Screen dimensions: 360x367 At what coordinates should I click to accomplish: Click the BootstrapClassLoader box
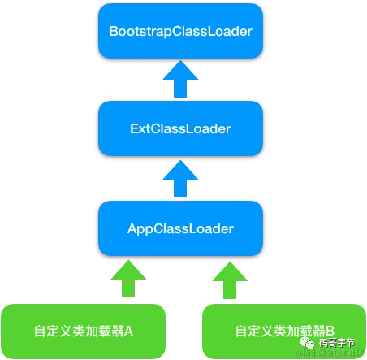(180, 32)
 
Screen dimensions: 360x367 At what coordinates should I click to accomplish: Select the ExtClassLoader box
(180, 128)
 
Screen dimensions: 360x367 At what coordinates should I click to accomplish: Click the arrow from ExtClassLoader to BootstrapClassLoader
(180, 80)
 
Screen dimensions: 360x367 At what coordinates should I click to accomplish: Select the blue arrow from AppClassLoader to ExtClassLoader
(180, 176)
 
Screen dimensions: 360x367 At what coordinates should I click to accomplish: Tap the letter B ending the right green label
(330, 332)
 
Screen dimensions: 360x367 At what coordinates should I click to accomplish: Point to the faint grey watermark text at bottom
(329, 354)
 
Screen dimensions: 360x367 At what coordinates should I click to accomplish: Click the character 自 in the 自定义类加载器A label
(40, 332)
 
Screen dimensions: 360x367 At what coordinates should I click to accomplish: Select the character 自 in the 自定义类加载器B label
(241, 332)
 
